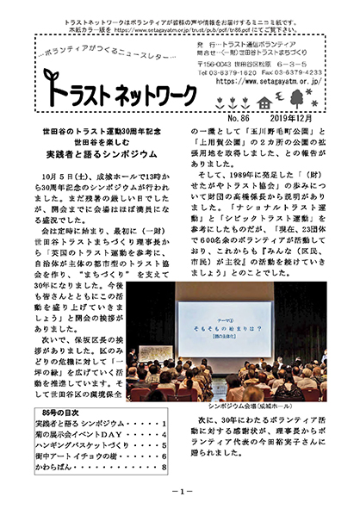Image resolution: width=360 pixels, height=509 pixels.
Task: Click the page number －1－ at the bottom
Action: pyautogui.click(x=180, y=491)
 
